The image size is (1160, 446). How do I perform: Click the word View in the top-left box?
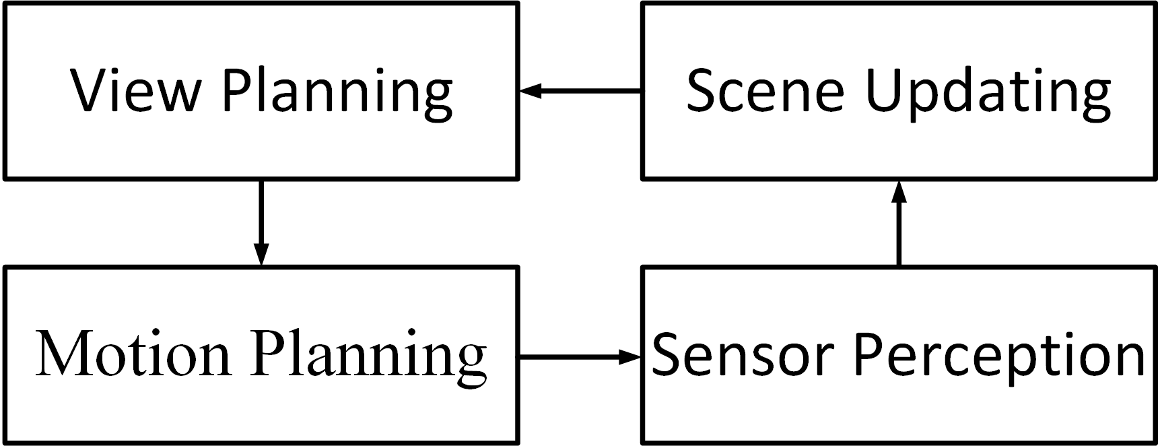coord(135,90)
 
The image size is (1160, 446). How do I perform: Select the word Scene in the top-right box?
coord(765,90)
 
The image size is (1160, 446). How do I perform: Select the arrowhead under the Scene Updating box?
coord(899,191)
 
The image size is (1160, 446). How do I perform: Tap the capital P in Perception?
coord(873,354)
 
